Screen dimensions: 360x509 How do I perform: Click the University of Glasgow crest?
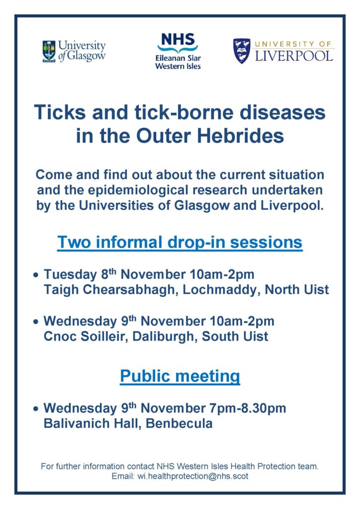click(49, 51)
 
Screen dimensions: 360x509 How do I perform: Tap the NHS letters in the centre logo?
click(178, 40)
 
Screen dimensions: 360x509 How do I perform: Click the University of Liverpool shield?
click(242, 51)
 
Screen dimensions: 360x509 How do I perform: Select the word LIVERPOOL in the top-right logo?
click(294, 56)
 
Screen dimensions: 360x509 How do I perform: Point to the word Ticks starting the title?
click(60, 112)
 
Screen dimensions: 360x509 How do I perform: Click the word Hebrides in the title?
click(241, 136)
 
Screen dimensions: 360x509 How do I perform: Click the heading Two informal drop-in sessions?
click(180, 242)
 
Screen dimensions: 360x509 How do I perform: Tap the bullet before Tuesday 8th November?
click(36, 275)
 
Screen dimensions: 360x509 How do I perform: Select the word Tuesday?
click(70, 274)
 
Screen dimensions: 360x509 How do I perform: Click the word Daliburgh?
click(165, 337)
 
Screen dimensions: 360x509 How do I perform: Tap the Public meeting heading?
click(180, 376)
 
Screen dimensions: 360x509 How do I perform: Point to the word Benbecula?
click(179, 424)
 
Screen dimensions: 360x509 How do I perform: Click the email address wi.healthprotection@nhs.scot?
click(193, 476)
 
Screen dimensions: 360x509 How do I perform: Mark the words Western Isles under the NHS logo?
click(178, 66)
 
